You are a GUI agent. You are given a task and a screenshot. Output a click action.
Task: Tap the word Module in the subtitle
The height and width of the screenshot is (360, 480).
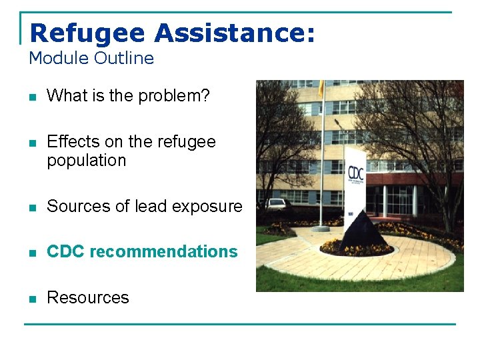pyautogui.click(x=59, y=58)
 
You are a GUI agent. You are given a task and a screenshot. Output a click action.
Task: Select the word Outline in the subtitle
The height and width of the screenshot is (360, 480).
pyautogui.click(x=124, y=58)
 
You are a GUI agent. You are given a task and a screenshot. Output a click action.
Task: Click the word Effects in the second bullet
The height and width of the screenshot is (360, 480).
pyautogui.click(x=69, y=142)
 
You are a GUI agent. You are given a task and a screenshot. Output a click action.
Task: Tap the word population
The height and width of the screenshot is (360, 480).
pyautogui.click(x=86, y=161)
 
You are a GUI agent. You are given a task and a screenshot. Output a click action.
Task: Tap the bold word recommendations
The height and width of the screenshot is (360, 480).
pyautogui.click(x=163, y=252)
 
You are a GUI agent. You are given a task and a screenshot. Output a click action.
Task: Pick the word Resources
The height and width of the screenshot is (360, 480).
pyautogui.click(x=88, y=298)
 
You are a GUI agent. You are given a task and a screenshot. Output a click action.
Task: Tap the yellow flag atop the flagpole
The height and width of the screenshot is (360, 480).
pyautogui.click(x=321, y=87)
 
